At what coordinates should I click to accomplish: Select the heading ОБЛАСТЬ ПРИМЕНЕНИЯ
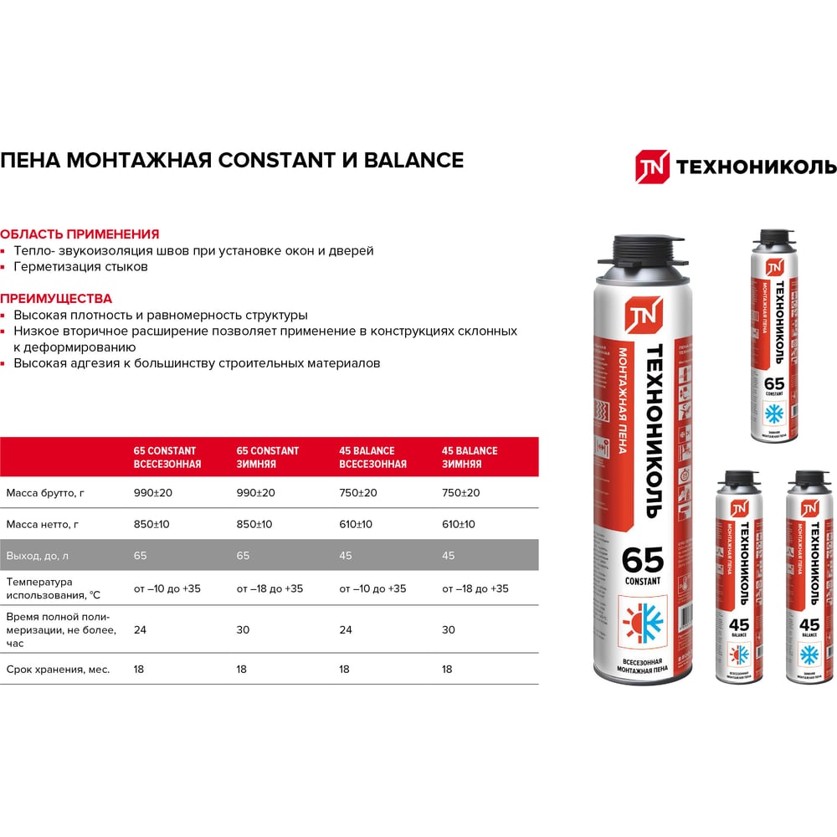click(80, 234)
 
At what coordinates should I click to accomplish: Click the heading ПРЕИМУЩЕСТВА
click(56, 298)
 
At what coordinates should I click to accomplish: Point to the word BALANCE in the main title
click(413, 160)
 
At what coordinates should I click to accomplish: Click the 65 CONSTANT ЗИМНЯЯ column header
click(268, 457)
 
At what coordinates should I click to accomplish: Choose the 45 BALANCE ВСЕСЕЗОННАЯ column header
click(372, 457)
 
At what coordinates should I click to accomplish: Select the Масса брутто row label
click(45, 493)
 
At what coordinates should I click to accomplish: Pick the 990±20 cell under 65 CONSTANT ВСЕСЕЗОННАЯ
click(153, 493)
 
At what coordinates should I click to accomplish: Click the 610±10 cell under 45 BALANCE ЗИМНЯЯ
click(459, 525)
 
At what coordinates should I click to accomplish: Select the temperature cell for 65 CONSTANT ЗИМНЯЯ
click(270, 588)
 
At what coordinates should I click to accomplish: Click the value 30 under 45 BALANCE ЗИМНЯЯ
click(449, 629)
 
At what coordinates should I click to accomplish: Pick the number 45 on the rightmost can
click(809, 624)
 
